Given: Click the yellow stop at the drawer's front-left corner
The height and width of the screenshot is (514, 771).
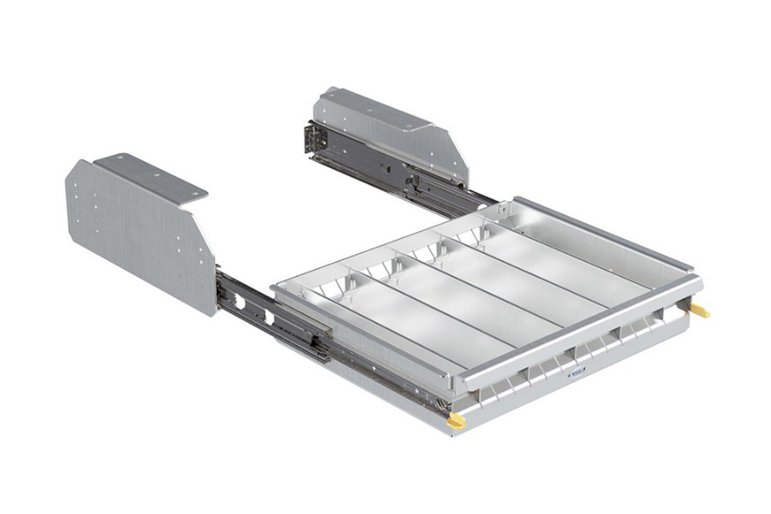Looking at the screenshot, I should (457, 421).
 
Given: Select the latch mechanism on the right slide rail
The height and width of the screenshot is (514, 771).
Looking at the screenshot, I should (414, 181).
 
